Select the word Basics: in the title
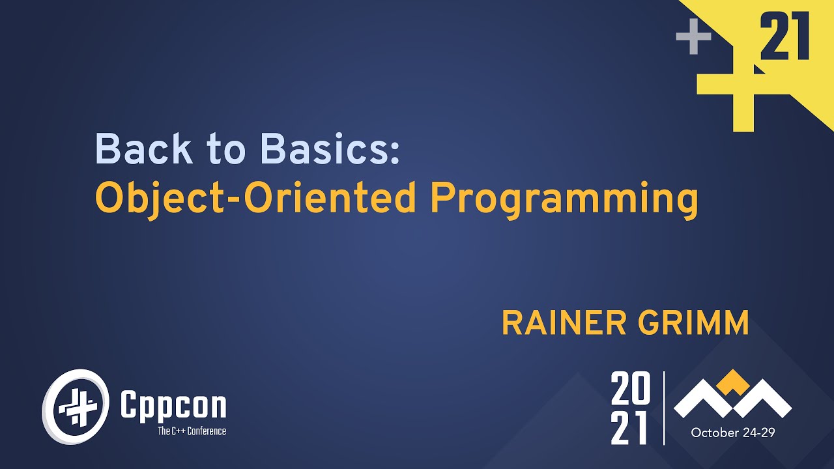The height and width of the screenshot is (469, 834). pyautogui.click(x=329, y=149)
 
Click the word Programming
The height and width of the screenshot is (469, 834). pyautogui.click(x=564, y=199)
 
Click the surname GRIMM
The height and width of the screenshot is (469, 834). pyautogui.click(x=698, y=323)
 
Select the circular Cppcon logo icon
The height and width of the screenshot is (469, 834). pyautogui.click(x=76, y=406)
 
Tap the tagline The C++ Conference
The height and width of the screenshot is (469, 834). pyautogui.click(x=192, y=431)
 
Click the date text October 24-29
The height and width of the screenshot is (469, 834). pyautogui.click(x=733, y=433)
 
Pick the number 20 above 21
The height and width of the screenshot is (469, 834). pyautogui.click(x=631, y=389)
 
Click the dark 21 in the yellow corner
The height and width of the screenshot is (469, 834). pyautogui.click(x=784, y=38)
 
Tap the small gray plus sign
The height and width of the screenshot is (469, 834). pyautogui.click(x=693, y=37)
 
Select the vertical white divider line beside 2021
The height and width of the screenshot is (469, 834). pyautogui.click(x=664, y=408)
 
